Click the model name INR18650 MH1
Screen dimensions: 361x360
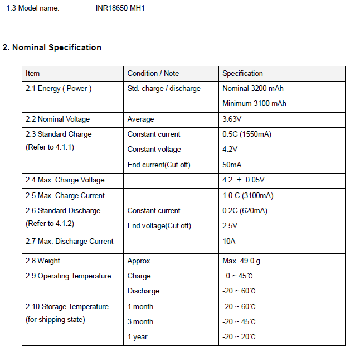(x=120, y=8)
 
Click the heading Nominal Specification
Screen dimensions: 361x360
(x=52, y=47)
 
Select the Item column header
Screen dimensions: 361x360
(x=33, y=74)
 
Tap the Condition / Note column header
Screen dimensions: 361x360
(x=153, y=74)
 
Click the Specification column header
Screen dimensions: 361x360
(x=242, y=74)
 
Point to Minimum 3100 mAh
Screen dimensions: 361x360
(x=254, y=104)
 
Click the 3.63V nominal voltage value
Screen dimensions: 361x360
(x=232, y=119)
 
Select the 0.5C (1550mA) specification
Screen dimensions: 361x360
(x=247, y=134)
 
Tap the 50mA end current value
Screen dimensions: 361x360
(x=232, y=165)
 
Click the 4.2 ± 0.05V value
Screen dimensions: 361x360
(x=244, y=180)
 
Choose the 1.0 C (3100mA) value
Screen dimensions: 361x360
(x=248, y=196)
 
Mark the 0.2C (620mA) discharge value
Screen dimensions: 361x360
(x=245, y=211)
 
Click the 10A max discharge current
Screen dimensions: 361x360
(x=228, y=242)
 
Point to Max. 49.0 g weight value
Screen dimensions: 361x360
(x=241, y=261)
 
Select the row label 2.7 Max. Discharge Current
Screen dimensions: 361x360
(x=69, y=242)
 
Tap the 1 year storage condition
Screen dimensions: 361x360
(x=137, y=337)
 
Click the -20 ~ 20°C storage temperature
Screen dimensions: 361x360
(x=239, y=337)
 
